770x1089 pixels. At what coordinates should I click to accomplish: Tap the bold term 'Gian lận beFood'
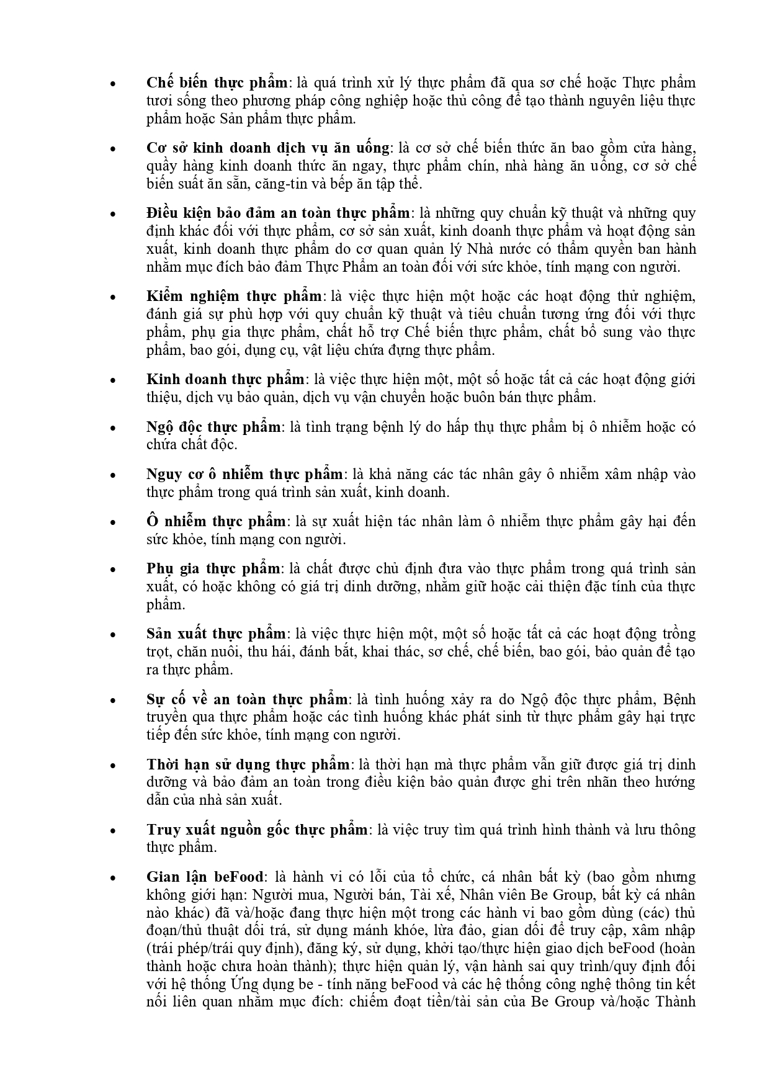coord(205,877)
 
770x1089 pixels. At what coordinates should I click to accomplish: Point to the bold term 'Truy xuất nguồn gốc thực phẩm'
coord(258,830)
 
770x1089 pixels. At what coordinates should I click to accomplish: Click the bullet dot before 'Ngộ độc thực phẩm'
coord(112,428)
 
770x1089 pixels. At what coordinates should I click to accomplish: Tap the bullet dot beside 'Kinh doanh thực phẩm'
coord(112,380)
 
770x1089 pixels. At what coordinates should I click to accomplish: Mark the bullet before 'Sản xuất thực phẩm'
coord(112,635)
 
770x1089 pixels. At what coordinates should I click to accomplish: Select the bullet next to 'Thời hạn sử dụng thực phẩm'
coord(112,766)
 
